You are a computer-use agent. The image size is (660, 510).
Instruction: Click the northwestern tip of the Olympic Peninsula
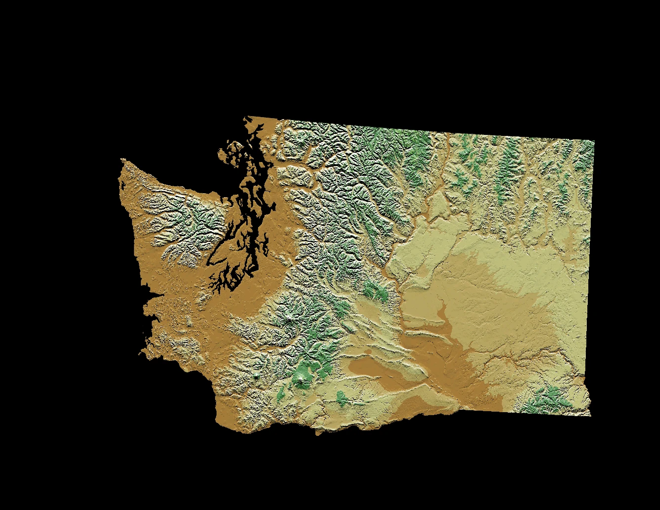point(122,160)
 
